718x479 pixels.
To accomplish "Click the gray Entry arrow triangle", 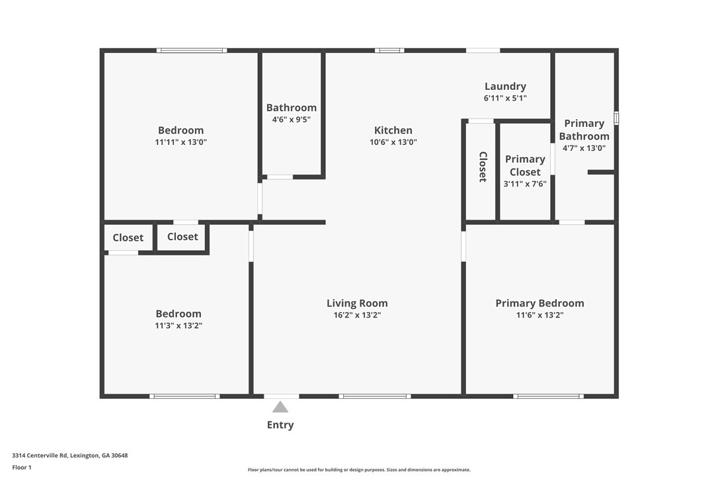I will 280,407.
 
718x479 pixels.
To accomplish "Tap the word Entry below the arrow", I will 280,425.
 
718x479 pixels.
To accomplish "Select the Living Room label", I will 357,303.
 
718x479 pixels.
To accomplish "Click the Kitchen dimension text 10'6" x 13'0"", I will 393,142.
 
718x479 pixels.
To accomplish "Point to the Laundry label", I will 505,86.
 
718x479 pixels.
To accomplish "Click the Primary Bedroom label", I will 539,303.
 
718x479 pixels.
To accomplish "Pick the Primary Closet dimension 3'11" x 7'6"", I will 525,184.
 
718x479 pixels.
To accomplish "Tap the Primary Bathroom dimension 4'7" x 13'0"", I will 584,148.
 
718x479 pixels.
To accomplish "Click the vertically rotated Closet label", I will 483,167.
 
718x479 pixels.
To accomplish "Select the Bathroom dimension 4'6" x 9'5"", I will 292,120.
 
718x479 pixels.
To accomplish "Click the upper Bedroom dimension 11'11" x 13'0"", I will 180,142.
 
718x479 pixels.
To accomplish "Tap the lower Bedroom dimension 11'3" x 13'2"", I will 179,326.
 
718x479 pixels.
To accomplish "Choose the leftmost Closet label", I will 128,238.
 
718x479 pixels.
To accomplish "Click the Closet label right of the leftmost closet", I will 182,236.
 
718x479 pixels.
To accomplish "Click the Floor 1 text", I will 22,467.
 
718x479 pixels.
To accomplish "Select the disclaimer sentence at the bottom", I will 359,470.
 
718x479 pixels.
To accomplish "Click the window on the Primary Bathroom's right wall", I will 616,118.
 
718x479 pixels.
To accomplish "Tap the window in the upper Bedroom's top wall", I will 192,50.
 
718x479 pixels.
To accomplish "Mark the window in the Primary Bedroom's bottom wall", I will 548,396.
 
